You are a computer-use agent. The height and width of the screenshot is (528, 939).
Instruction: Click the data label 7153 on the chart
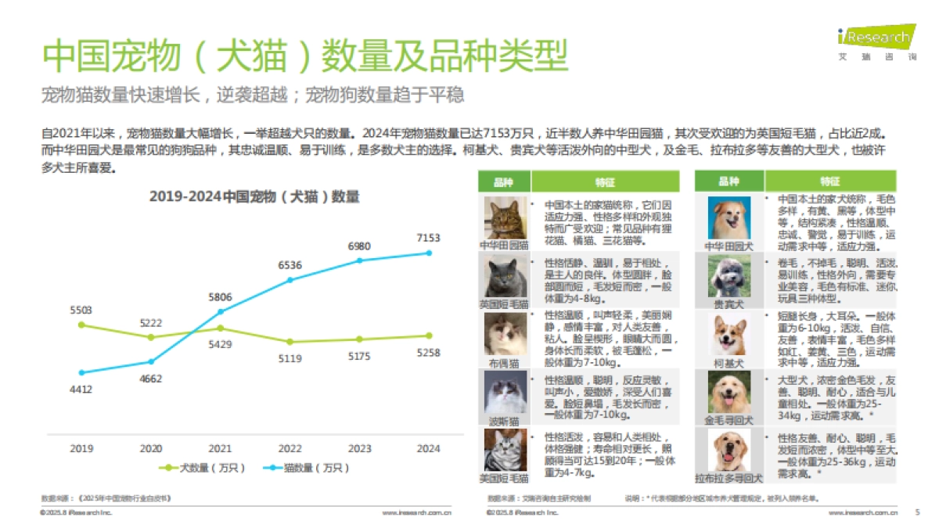[x=428, y=238]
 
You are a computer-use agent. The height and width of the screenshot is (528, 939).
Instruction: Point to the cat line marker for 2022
[x=290, y=279]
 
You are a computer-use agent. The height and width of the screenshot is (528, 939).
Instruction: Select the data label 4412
[x=81, y=389]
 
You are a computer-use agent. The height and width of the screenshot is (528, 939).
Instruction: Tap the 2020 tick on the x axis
[x=151, y=449]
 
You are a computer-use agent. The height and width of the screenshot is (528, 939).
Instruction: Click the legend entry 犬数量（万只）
[x=202, y=468]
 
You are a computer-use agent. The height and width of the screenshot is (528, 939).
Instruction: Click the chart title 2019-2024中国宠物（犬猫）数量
[x=254, y=196]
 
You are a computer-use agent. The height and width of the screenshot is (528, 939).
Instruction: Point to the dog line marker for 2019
[x=81, y=325]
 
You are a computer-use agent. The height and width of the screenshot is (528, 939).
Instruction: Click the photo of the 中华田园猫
[x=504, y=217]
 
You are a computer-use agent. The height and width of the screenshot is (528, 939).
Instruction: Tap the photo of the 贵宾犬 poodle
[x=729, y=275]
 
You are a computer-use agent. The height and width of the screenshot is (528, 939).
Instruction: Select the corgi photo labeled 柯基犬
[x=729, y=335]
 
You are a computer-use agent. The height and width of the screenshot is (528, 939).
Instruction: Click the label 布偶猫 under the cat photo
[x=504, y=364]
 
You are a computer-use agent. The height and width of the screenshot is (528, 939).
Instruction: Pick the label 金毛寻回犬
[x=729, y=420]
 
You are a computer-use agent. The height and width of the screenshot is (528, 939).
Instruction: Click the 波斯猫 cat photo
[x=504, y=393]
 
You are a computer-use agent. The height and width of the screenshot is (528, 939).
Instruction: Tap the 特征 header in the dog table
[x=829, y=181]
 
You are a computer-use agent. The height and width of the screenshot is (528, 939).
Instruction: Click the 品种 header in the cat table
[x=504, y=181]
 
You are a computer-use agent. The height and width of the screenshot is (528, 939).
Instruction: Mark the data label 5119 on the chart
[x=290, y=359]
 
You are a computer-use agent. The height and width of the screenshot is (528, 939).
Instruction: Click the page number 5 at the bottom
[x=917, y=512]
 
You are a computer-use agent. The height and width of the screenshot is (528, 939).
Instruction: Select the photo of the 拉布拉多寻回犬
[x=729, y=449]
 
